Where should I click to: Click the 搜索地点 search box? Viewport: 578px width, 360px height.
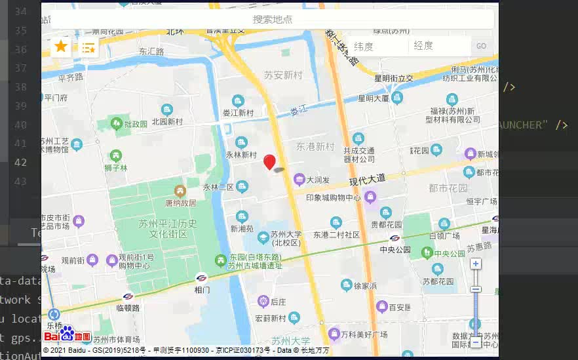[272, 20]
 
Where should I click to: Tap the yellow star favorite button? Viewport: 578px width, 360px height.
[61, 47]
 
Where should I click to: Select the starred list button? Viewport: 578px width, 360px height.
[88, 47]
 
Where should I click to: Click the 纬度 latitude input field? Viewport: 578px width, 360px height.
[377, 46]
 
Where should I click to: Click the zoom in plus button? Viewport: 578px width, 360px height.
[476, 264]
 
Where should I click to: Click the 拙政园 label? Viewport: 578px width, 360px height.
[136, 124]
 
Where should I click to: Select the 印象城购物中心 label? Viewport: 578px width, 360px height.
[334, 197]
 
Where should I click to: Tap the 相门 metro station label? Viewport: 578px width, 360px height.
[202, 289]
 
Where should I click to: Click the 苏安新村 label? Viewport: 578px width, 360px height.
[282, 75]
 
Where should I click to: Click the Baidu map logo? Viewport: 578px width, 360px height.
[67, 336]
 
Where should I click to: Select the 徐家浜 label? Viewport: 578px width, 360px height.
[365, 286]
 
